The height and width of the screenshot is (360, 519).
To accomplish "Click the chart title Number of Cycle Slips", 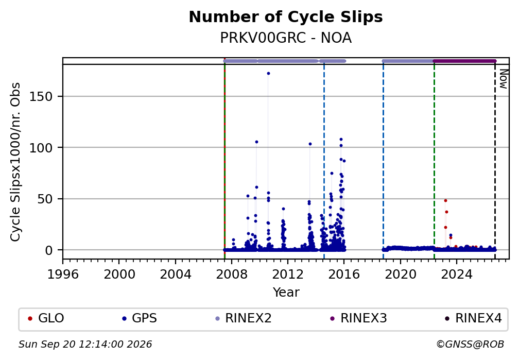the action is [286, 17].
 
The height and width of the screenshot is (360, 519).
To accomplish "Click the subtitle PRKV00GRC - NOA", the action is [286, 38].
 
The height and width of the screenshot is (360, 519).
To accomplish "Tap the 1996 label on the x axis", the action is [63, 274].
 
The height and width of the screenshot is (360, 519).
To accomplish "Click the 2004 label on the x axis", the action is [176, 274].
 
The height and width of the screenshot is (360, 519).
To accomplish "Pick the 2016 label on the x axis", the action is [344, 274].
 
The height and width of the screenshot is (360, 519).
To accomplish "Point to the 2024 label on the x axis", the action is [456, 274].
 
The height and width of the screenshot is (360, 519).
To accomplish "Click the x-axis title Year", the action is [286, 293].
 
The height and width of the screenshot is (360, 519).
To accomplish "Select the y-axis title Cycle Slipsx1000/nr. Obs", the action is [15, 162].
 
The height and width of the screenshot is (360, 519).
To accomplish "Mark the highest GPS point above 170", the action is [268, 74].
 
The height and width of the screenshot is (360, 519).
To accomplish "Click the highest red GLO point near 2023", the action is [445, 201].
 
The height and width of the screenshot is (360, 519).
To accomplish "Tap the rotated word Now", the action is [504, 79].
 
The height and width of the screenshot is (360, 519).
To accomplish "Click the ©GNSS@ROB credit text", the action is [470, 345].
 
